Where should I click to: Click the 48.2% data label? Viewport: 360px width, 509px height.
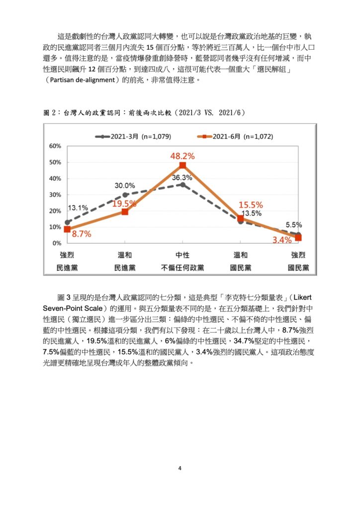(x=182, y=156)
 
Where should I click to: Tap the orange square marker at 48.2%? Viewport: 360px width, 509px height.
(x=183, y=165)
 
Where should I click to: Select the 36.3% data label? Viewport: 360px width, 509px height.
(x=182, y=177)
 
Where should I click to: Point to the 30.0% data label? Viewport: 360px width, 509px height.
(x=125, y=186)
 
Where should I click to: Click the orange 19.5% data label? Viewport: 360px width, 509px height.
(x=124, y=204)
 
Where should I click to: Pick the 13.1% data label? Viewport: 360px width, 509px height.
(x=78, y=208)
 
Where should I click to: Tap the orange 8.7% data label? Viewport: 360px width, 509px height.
(x=82, y=234)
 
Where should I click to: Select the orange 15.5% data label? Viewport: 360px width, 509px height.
(x=251, y=205)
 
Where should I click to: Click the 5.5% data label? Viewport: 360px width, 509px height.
(x=294, y=225)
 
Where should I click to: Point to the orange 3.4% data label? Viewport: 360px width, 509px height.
(x=282, y=240)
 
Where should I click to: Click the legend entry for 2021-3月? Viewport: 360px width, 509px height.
(x=133, y=137)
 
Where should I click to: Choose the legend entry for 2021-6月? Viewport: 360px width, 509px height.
(x=235, y=137)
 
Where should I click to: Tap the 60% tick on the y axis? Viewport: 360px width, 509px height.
(x=55, y=146)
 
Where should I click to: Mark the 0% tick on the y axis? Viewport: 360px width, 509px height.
(x=57, y=243)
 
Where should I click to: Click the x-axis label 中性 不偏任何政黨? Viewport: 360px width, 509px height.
(x=182, y=261)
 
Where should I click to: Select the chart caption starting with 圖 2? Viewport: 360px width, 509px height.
(x=144, y=113)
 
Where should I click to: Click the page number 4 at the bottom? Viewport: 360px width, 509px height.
(x=180, y=468)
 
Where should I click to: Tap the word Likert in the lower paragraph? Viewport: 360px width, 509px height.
(x=302, y=297)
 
